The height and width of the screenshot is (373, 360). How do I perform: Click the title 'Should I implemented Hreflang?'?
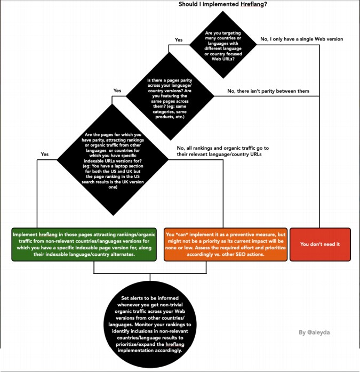pyautogui.click(x=223, y=5)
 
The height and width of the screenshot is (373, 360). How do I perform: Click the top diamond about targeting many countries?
pyautogui.click(x=223, y=46)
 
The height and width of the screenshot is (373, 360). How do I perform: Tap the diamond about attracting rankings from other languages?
pyautogui.click(x=113, y=160)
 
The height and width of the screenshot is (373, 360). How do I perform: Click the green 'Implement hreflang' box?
pyautogui.click(x=84, y=245)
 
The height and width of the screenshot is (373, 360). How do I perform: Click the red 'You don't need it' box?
pyautogui.click(x=320, y=245)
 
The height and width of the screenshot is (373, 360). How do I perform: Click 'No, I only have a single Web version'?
pyautogui.click(x=301, y=39)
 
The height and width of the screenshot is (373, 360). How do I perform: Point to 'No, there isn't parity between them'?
pyautogui.click(x=268, y=91)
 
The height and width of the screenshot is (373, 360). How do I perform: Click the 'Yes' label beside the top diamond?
pyautogui.click(x=179, y=40)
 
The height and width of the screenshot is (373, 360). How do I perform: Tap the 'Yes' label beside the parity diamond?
pyautogui.click(x=117, y=91)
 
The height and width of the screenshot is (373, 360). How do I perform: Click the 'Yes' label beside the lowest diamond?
pyautogui.click(x=45, y=154)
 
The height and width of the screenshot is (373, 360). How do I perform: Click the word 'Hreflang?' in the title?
pyautogui.click(x=250, y=5)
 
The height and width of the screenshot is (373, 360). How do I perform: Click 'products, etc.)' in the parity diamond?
pyautogui.click(x=169, y=117)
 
